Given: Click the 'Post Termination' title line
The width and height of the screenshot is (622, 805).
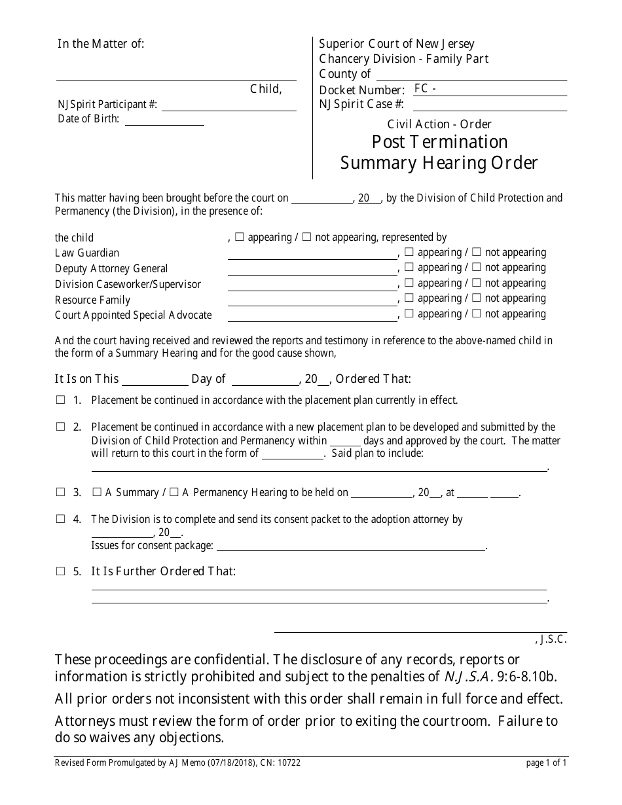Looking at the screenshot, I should [x=439, y=142].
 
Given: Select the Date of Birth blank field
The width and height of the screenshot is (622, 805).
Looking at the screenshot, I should [x=164, y=120].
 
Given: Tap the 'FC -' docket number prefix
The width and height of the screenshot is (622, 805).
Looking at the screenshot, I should [x=426, y=89].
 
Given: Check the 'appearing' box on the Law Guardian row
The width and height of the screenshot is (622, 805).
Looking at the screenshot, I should [x=409, y=252].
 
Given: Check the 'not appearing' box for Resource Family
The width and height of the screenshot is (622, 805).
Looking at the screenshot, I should [x=477, y=298].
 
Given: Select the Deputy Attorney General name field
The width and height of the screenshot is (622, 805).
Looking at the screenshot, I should [x=312, y=269].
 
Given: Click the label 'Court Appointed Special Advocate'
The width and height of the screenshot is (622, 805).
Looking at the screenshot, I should [x=134, y=315].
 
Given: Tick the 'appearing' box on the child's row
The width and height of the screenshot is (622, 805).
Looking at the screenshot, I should [x=239, y=237].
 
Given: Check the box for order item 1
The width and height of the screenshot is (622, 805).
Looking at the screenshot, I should [x=60, y=400].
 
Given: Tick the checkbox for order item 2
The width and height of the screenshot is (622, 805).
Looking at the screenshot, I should [x=60, y=427].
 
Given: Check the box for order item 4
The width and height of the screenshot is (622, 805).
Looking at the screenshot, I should [x=60, y=519].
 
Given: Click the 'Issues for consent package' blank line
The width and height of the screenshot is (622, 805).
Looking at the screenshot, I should [x=350, y=546].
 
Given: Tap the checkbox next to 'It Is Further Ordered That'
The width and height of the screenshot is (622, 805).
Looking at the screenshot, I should [x=60, y=571].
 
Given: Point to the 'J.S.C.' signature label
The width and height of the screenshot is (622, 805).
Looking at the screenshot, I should [x=554, y=640].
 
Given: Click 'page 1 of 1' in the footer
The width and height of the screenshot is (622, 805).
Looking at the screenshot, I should [x=546, y=762].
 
